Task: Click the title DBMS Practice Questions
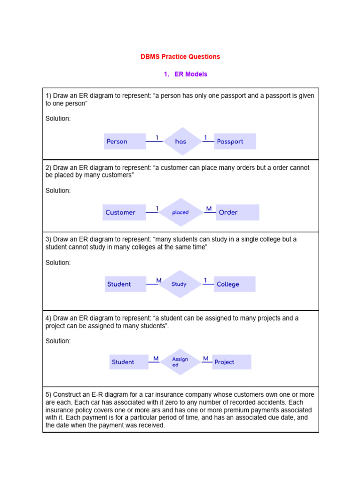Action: [x=180, y=56]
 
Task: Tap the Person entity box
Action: [x=125, y=141]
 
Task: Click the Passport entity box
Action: [x=235, y=141]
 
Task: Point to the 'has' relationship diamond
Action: [x=181, y=141]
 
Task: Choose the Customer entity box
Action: [x=124, y=212]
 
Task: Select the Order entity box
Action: [x=237, y=212]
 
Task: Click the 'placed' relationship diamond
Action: [x=180, y=212]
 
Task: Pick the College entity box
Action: [x=235, y=284]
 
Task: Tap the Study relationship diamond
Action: [x=179, y=284]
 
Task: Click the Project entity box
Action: [x=231, y=362]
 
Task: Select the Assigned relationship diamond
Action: [x=180, y=362]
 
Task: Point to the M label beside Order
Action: [x=209, y=209]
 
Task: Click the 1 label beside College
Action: [x=205, y=281]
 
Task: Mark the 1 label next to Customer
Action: [x=157, y=209]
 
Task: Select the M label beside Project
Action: [x=205, y=359]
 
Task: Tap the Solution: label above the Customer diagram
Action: [x=58, y=191]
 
